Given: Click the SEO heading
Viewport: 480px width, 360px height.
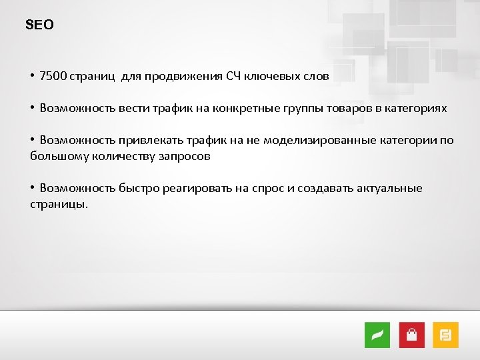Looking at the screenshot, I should pos(39,25).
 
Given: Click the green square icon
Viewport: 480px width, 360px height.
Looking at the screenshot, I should pos(377,335).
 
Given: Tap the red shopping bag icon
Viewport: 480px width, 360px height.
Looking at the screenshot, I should pos(411,335).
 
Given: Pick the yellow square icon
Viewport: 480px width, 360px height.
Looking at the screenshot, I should pos(445,335).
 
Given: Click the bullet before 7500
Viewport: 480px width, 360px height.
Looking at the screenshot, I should pos(32,76).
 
